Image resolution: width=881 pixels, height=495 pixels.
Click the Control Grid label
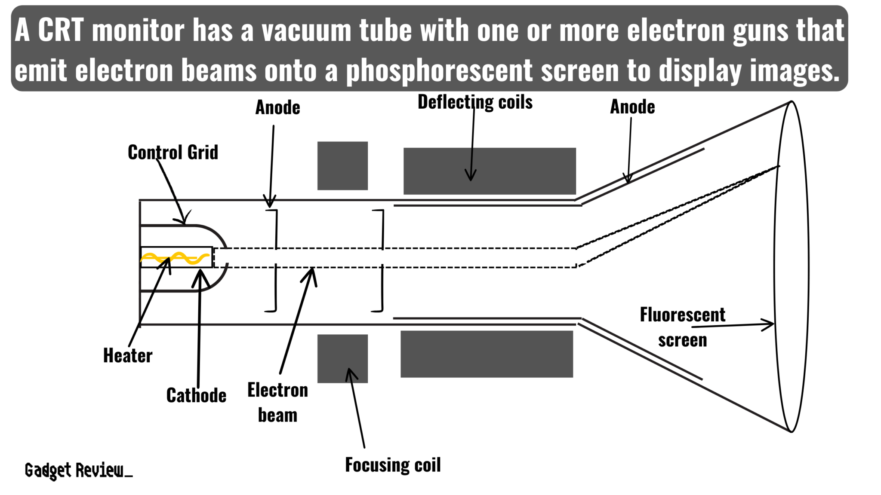(x=173, y=153)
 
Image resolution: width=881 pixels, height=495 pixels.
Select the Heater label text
(x=128, y=356)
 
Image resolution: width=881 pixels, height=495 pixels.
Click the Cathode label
(x=196, y=395)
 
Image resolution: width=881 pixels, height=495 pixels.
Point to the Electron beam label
(x=277, y=402)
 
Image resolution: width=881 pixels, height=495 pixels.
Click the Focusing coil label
(x=393, y=465)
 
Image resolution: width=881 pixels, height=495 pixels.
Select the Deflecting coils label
(x=475, y=102)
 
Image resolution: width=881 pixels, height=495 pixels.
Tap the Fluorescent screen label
(x=682, y=327)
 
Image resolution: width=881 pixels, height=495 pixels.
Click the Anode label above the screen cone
(x=632, y=107)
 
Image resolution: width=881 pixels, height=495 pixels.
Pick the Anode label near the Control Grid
(x=277, y=107)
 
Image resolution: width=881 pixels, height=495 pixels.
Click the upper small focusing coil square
(x=342, y=165)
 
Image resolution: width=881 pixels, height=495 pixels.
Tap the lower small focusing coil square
(x=342, y=358)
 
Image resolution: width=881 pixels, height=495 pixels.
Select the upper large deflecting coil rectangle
(x=490, y=171)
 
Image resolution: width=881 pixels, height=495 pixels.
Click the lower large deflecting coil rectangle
(x=487, y=354)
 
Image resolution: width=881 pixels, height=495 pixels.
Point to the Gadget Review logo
(x=78, y=471)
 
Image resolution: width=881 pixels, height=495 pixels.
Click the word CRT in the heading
(x=60, y=31)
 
